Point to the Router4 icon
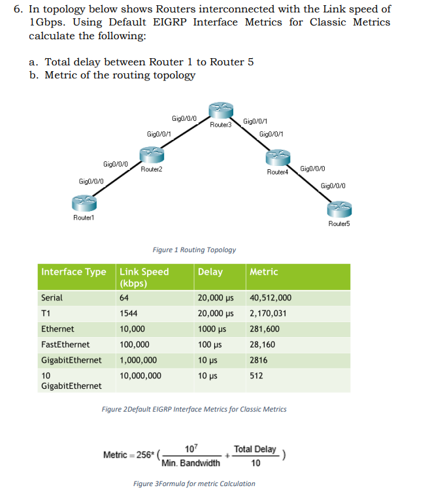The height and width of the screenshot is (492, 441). (x=278, y=157)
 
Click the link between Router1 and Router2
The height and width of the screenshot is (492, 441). (x=118, y=180)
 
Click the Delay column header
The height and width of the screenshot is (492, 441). (x=210, y=272)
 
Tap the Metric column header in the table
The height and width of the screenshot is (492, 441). (x=264, y=272)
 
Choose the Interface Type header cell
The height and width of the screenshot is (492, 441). (x=73, y=272)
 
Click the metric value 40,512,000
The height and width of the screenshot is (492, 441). (x=270, y=298)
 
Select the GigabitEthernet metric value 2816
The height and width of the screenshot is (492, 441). (x=259, y=360)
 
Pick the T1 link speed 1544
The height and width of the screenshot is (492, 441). (x=129, y=314)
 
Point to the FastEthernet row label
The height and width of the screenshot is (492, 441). (x=65, y=344)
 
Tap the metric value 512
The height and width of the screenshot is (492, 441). (x=256, y=376)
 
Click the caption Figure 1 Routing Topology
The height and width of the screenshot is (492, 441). (x=194, y=250)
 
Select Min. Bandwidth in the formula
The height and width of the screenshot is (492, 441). (x=191, y=463)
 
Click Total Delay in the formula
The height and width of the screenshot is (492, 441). (x=255, y=449)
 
